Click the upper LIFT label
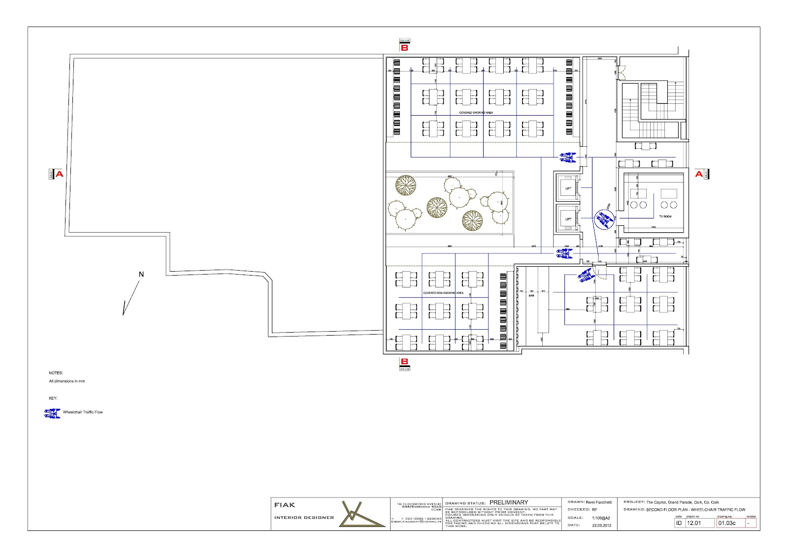(x=568, y=188)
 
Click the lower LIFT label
(x=568, y=219)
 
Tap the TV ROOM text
(x=665, y=217)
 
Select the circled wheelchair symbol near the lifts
(x=604, y=219)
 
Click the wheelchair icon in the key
(x=52, y=413)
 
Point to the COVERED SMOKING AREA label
(x=476, y=113)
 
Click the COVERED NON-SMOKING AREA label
(x=443, y=293)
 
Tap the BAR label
(x=531, y=296)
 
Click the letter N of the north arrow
(x=141, y=275)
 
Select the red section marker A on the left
(x=59, y=174)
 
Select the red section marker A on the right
(x=699, y=174)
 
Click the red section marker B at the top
(x=404, y=48)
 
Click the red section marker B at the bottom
(x=404, y=361)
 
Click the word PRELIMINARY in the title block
(x=508, y=502)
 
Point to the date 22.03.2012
(x=601, y=526)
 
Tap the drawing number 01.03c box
(x=727, y=523)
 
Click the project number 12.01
(x=694, y=523)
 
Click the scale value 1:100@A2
(x=601, y=518)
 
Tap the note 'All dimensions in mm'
(x=67, y=381)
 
